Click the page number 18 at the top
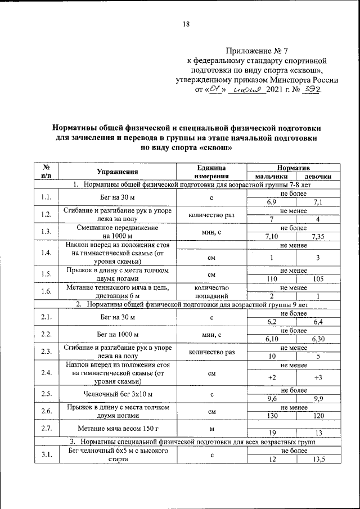click(186, 24)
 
